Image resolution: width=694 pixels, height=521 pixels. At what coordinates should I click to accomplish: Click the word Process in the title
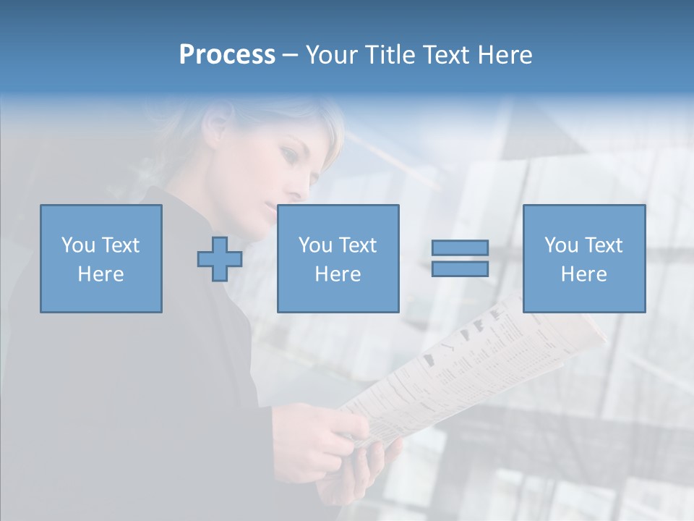pos(227,55)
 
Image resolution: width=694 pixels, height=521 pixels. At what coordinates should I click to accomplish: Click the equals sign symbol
pos(460,258)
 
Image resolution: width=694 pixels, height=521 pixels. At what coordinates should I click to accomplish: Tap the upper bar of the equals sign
pos(460,248)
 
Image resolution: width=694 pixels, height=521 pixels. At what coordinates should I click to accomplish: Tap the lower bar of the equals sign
pos(460,269)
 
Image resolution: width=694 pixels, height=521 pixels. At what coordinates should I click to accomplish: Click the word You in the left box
pos(77,245)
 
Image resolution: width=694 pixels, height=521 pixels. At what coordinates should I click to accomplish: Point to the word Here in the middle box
pos(338,274)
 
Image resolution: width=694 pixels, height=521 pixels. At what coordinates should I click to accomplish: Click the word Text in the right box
pos(604,245)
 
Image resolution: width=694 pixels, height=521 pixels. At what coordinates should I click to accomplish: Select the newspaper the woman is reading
pos(470,362)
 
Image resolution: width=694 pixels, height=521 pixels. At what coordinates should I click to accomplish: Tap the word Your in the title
pos(333,55)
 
